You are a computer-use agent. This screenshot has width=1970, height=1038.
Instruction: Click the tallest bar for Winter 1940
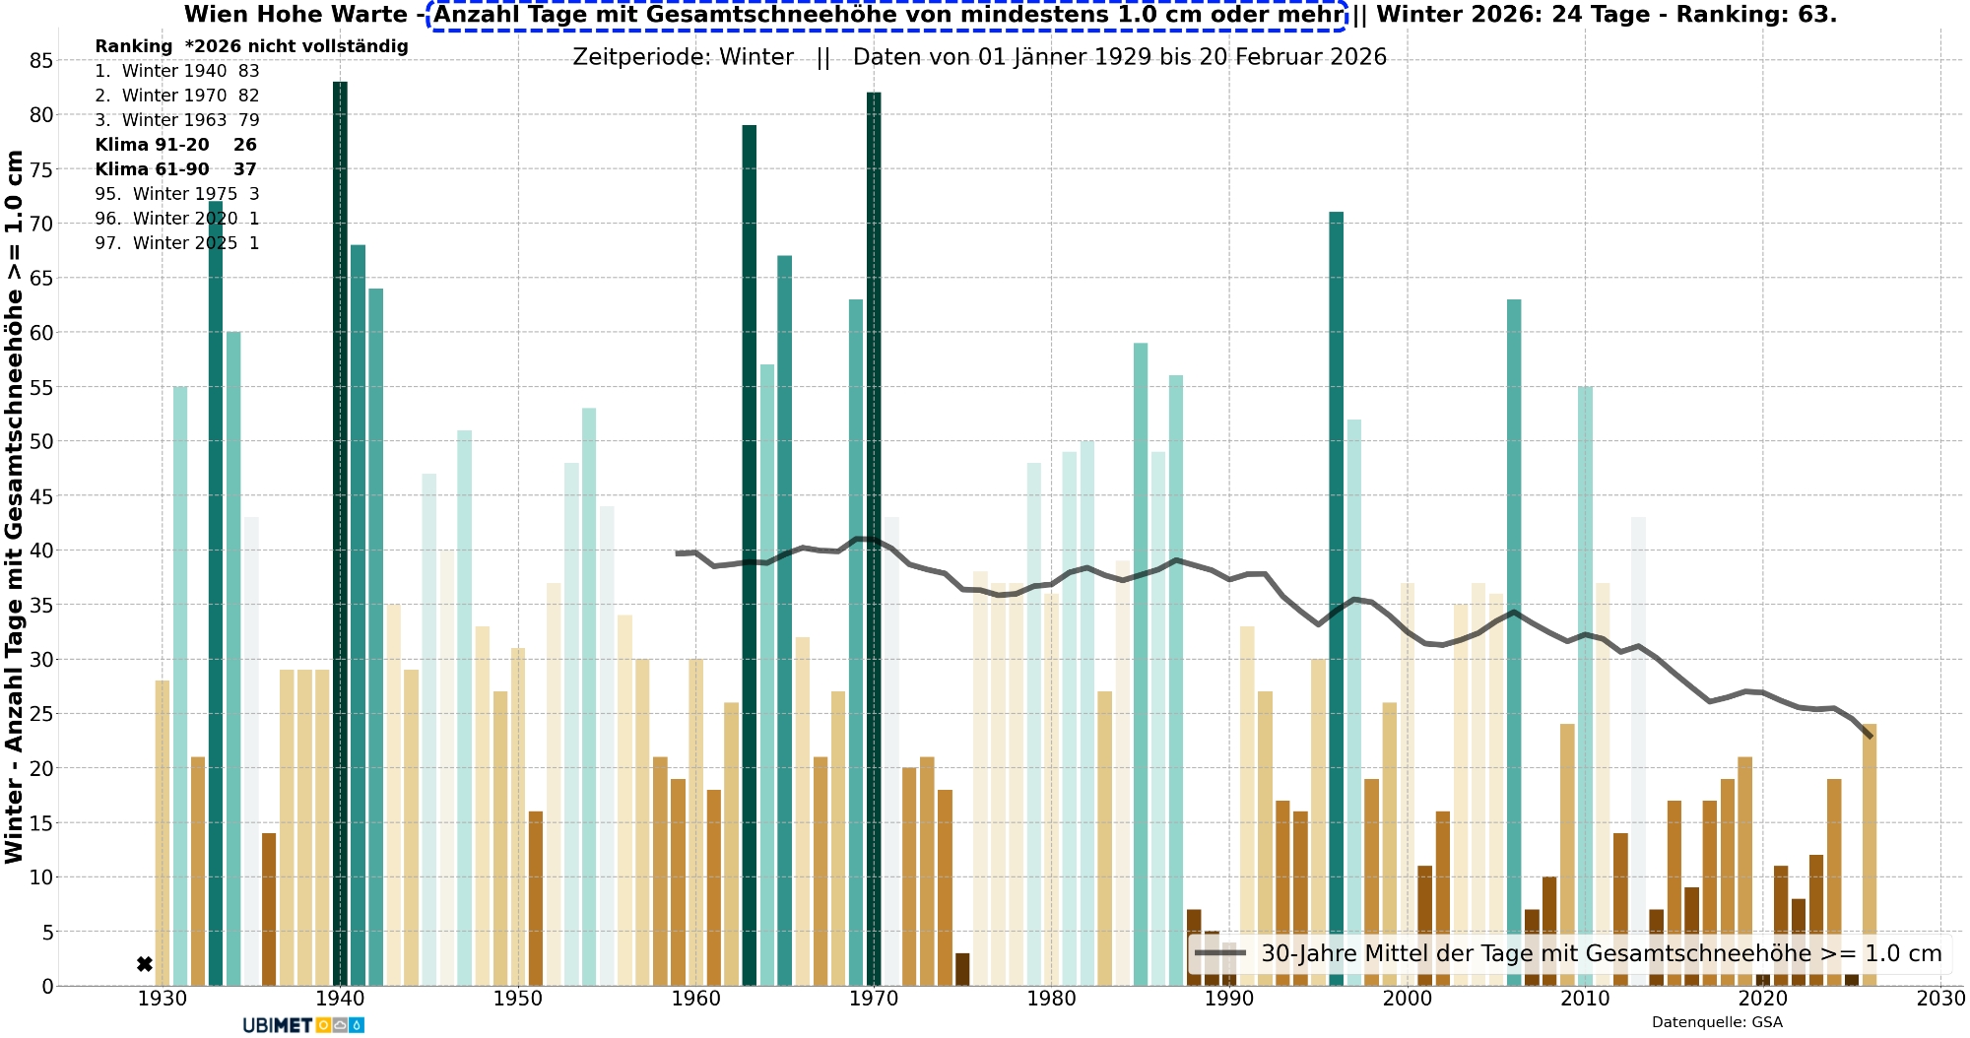point(340,532)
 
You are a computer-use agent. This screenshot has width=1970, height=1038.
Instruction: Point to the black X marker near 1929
point(145,964)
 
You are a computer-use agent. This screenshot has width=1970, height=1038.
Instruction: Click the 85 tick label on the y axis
point(41,61)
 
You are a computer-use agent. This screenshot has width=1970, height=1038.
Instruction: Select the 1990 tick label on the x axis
point(1229,999)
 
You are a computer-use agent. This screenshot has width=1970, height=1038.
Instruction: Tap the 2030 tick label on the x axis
point(1940,999)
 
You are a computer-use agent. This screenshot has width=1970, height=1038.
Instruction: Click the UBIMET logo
point(303,1025)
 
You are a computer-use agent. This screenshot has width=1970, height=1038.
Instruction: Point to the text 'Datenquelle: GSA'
point(1717,1022)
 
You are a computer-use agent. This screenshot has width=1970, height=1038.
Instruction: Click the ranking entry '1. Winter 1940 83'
point(177,71)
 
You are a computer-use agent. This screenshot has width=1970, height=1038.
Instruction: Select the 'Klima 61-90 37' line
point(175,169)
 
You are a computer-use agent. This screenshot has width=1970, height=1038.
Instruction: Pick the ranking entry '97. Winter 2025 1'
point(177,243)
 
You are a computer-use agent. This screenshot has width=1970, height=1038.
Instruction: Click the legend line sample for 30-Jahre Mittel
point(1220,953)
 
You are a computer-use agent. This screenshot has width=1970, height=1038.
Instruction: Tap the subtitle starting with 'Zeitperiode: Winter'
point(979,57)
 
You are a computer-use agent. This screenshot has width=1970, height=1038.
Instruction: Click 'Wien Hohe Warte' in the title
point(295,15)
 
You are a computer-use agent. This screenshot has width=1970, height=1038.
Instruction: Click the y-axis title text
point(14,506)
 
